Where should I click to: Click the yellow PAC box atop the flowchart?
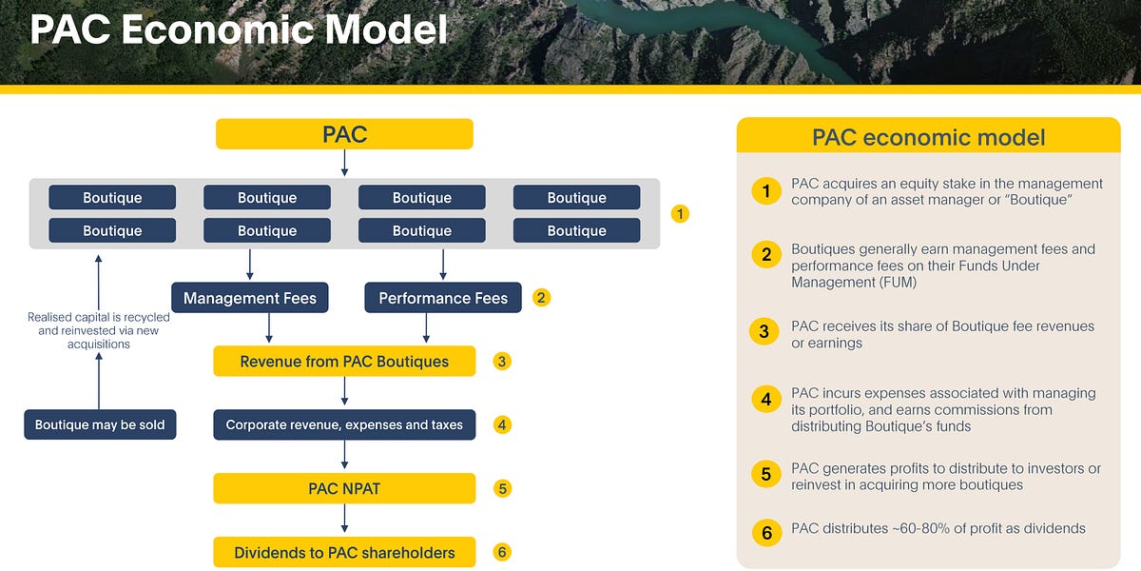click(x=344, y=134)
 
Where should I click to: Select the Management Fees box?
click(x=250, y=298)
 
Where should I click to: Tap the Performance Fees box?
click(x=443, y=298)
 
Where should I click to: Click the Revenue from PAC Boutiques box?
click(x=344, y=361)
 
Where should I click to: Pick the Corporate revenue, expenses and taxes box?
click(x=344, y=424)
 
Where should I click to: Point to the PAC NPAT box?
click(x=344, y=488)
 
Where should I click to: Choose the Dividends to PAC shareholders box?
click(x=344, y=552)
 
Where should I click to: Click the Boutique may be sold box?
click(x=100, y=424)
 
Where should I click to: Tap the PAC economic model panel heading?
click(x=928, y=136)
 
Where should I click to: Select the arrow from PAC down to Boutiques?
click(x=344, y=163)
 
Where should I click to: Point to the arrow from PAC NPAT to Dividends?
click(x=344, y=520)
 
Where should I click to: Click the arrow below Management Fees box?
click(x=269, y=328)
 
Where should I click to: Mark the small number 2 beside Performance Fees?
click(x=541, y=297)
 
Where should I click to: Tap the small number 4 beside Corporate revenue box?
click(x=502, y=424)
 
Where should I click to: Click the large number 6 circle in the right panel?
click(x=766, y=532)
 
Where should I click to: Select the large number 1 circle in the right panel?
click(x=766, y=191)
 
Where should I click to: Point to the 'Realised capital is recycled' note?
click(x=93, y=318)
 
